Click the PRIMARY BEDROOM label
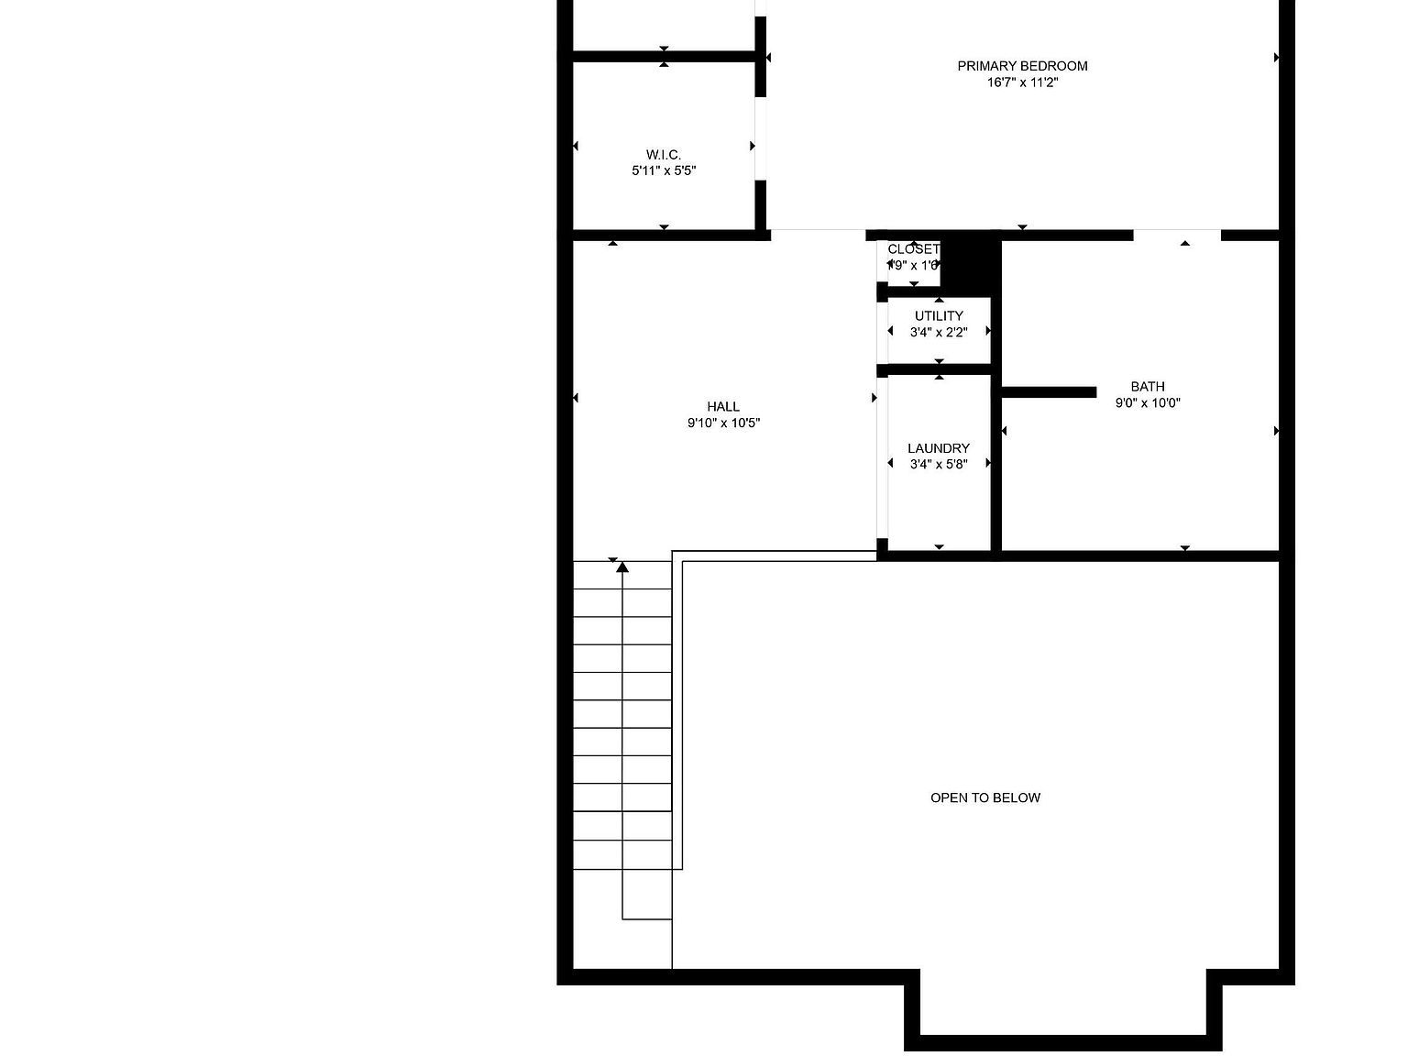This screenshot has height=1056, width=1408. (1022, 66)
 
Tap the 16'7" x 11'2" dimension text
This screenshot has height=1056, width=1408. (1022, 82)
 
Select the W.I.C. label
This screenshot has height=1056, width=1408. (664, 155)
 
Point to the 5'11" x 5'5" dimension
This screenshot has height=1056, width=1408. (664, 170)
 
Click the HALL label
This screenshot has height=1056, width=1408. (723, 407)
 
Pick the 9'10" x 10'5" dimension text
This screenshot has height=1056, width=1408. (723, 423)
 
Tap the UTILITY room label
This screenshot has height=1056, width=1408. (939, 316)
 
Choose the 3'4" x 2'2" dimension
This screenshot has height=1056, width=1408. (939, 333)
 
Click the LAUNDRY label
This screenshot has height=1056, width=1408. (939, 448)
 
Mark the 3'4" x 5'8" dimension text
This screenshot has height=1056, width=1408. (939, 465)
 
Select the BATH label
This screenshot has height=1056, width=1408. (1148, 387)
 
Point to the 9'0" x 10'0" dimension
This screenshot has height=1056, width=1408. (1148, 402)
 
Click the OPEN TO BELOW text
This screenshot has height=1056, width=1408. (985, 797)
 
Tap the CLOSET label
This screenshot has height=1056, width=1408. (913, 249)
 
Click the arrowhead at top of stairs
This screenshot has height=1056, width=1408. (622, 567)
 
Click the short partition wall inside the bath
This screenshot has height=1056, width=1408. (1049, 392)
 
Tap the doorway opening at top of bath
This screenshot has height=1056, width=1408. (1177, 235)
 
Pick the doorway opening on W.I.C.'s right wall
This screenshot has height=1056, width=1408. (760, 138)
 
